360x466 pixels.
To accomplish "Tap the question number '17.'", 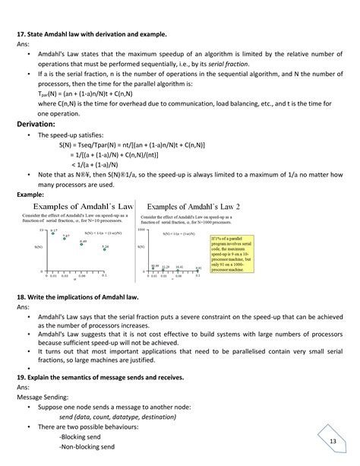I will click(21, 34).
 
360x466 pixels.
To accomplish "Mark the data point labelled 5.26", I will click(106, 250).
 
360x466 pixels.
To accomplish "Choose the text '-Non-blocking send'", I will click(87, 448).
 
